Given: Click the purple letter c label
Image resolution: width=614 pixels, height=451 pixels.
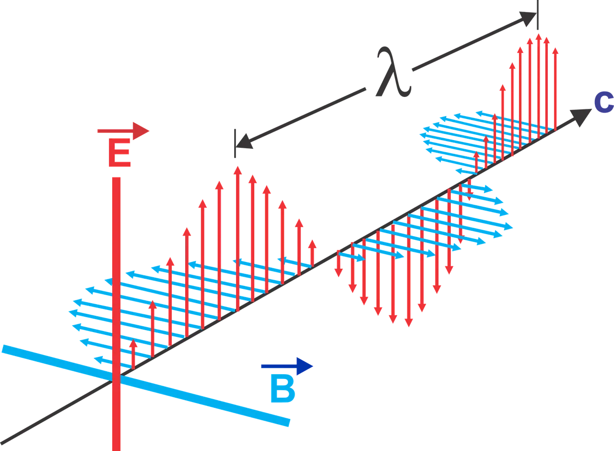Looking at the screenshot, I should (x=603, y=103).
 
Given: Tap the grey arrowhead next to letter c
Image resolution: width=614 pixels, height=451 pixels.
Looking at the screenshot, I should (x=581, y=116).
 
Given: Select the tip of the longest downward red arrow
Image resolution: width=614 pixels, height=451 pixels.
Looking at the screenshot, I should (x=408, y=325).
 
